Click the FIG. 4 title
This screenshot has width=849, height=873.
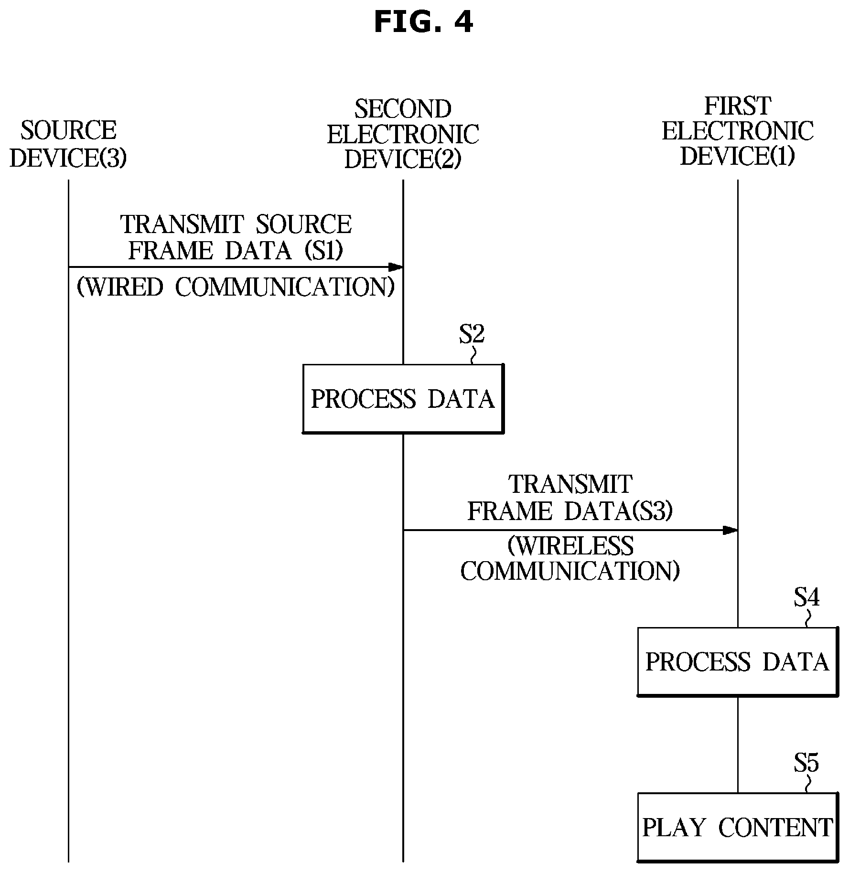423,21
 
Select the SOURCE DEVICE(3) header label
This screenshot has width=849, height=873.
68,144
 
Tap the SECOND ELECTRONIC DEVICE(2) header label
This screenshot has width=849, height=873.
403,135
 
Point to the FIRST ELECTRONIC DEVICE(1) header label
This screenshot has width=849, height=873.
737,131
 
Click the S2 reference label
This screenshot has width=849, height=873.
472,334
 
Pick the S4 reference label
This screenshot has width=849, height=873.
806,597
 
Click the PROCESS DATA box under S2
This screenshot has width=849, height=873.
403,399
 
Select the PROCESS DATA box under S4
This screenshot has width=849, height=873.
738,661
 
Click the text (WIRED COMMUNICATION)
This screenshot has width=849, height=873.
236,287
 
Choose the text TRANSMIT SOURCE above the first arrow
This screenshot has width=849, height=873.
236,224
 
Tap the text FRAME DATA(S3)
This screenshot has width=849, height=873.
570,511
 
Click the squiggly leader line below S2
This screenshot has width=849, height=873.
473,355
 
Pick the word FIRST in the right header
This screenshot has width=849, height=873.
737,106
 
